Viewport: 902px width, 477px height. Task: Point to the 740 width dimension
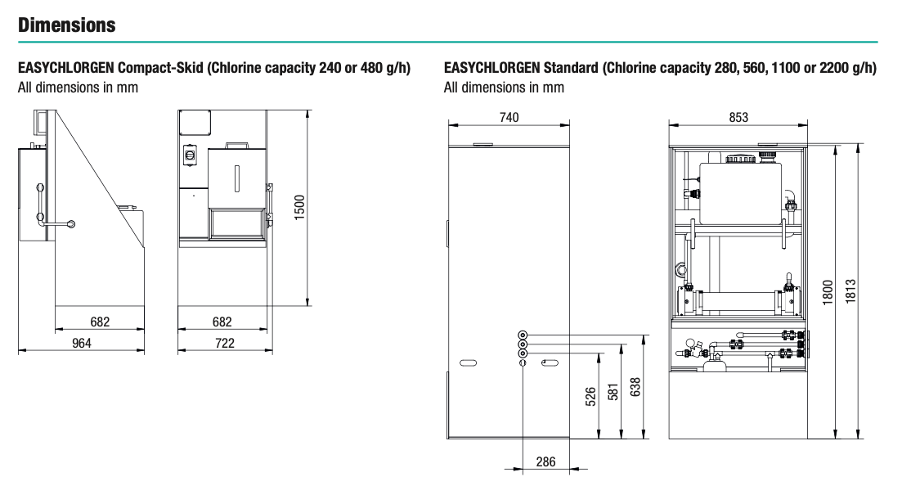(x=508, y=117)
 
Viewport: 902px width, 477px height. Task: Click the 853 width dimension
(x=738, y=117)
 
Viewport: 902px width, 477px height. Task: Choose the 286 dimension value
(x=545, y=462)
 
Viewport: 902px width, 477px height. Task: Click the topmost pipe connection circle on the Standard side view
(x=523, y=335)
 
